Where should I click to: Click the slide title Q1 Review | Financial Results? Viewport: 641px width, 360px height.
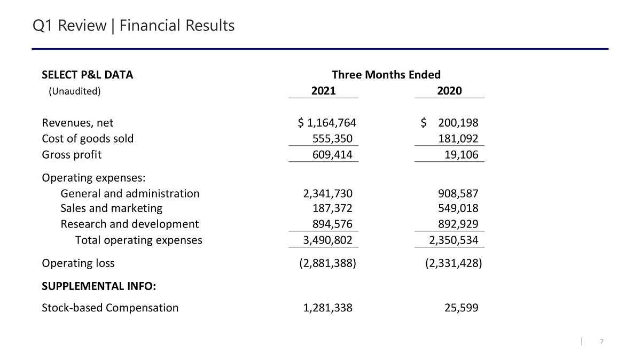click(x=133, y=26)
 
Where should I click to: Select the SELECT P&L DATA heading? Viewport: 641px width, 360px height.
click(x=88, y=75)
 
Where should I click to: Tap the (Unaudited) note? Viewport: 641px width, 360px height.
click(x=75, y=91)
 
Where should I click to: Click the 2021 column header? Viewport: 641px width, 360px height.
click(x=323, y=91)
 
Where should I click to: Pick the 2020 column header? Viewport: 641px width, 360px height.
click(x=449, y=91)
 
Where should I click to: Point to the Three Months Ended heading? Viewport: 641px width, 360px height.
click(x=386, y=75)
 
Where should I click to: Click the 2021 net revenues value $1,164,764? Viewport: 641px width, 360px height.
click(x=327, y=123)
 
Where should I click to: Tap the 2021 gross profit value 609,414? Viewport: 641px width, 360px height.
click(x=332, y=155)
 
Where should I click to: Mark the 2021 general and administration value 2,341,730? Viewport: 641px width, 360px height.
click(x=327, y=193)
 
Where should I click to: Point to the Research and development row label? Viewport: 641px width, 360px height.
click(x=129, y=224)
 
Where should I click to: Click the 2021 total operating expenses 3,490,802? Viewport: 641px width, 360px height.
click(x=327, y=240)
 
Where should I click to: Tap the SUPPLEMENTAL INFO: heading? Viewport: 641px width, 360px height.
click(x=99, y=286)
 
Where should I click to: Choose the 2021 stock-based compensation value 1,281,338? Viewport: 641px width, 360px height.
click(x=327, y=308)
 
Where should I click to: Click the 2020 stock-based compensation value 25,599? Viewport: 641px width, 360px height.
click(x=460, y=308)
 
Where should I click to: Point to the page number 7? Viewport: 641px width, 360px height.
click(x=602, y=342)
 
